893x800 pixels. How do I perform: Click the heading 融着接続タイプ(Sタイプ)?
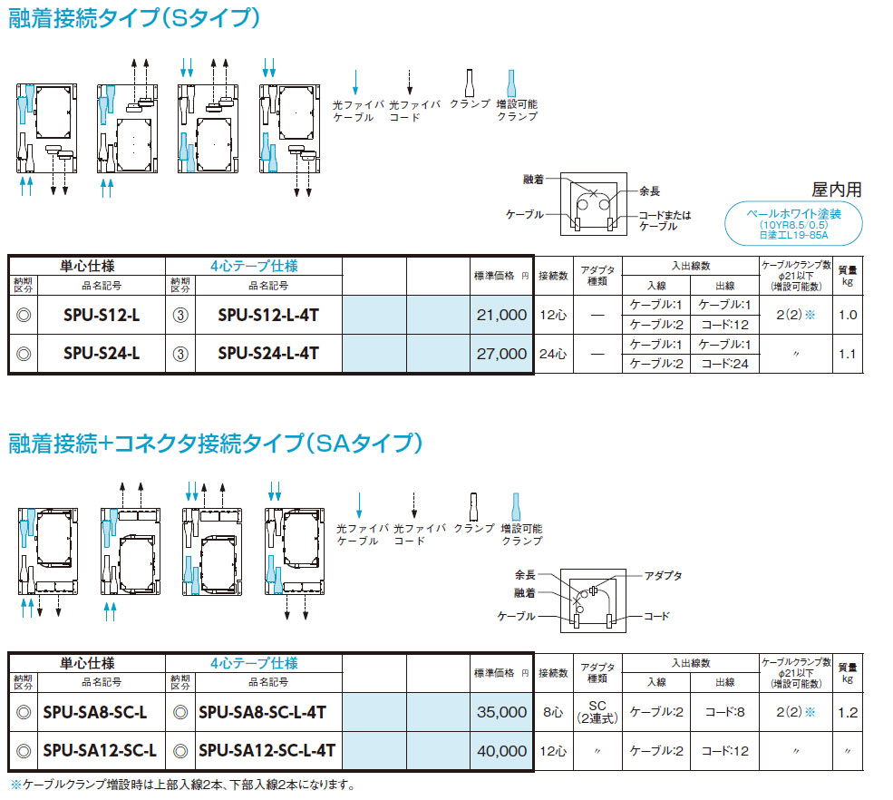coord(135,18)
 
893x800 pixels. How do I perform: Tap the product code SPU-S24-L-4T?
coord(268,354)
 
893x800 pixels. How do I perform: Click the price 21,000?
coord(500,315)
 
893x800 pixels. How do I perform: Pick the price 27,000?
coord(500,354)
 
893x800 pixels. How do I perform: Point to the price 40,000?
coord(500,751)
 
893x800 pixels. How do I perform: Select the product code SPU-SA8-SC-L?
coord(95,712)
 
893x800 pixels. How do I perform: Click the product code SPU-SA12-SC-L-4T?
coord(267,751)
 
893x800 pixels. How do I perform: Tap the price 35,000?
coord(500,712)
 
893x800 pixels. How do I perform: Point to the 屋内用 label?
coord(836,190)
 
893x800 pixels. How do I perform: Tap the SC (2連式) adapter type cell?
coord(596,712)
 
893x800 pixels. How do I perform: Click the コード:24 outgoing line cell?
coord(724,363)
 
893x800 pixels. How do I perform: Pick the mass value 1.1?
coord(847,354)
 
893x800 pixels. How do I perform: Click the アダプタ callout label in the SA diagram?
coord(663,576)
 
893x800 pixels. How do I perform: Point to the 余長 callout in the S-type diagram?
coord(648,191)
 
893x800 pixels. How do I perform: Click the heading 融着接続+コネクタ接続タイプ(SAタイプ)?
coord(216,444)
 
